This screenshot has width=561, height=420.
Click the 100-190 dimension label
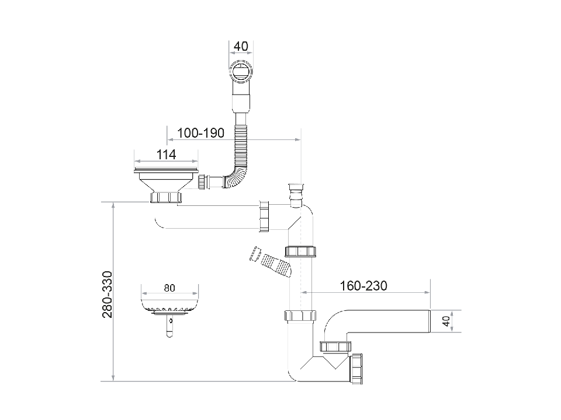tap(200, 133)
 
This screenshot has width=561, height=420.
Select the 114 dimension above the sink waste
tap(167, 155)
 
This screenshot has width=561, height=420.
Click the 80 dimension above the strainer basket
tap(169, 288)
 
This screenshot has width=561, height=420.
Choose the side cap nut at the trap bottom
tap(357, 368)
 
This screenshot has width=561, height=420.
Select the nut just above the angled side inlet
tap(301, 251)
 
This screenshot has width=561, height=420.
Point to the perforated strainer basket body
tap(169, 303)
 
